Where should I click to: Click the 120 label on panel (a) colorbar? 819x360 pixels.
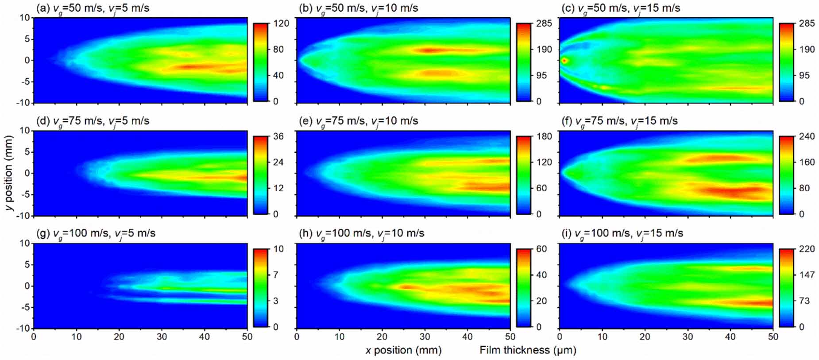281,23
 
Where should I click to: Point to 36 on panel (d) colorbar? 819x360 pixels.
278,136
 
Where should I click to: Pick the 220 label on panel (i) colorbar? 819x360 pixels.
807,249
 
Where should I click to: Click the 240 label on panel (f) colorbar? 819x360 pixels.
807,136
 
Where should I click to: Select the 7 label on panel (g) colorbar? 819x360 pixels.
276,275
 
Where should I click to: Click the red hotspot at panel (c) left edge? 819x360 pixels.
564,60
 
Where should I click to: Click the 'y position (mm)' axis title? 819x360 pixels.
10,173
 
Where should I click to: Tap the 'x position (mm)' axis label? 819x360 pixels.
403,350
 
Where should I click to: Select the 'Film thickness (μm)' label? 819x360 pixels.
528,350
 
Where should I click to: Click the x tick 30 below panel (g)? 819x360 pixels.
162,337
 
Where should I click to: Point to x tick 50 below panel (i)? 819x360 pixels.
773,337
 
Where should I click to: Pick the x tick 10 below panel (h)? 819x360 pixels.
340,337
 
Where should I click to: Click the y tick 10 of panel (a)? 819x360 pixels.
25,18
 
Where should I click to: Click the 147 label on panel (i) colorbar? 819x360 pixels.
807,275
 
